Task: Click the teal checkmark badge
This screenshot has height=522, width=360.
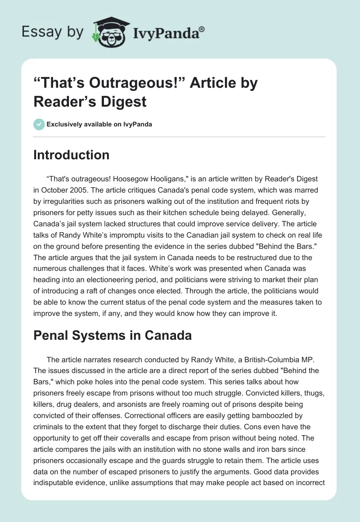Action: [x=39, y=124]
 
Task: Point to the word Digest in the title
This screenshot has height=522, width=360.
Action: [x=124, y=101]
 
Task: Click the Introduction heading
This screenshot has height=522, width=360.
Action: [x=72, y=155]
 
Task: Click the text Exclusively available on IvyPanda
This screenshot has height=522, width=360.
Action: [x=99, y=124]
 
